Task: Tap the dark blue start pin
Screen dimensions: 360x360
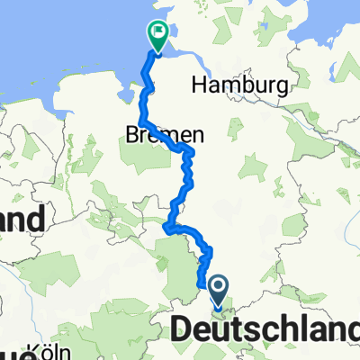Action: coord(220,289)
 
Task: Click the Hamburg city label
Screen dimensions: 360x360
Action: coord(239,86)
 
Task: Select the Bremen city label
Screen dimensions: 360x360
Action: coord(164,134)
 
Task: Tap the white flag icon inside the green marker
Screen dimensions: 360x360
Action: coord(159,32)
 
